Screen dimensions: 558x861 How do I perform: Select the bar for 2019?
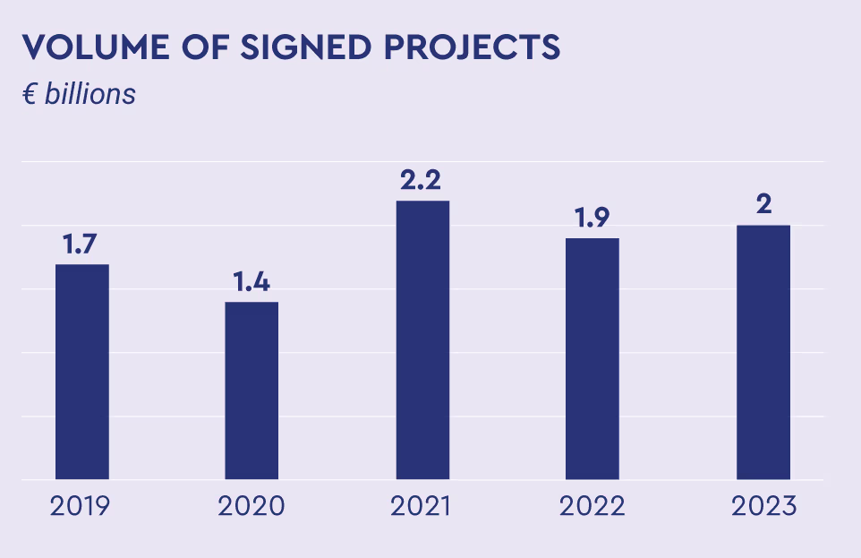82,372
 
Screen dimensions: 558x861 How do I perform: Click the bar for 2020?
251,391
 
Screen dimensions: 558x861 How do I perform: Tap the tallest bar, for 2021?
422,340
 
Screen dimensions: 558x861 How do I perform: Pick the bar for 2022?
592,358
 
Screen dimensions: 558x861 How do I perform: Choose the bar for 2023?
763,352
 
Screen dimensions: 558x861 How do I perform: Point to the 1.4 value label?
251,282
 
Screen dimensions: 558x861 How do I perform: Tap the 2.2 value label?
422,181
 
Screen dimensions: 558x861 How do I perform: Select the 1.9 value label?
592,219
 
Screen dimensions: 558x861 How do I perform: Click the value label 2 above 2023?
763,205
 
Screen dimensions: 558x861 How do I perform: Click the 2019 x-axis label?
81,506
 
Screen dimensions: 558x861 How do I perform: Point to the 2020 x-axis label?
251,506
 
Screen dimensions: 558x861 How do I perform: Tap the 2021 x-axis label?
421,506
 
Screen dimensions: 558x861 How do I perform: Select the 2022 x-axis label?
592,506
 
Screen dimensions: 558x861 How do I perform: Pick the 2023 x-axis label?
763,506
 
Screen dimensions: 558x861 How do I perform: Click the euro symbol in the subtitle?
29,94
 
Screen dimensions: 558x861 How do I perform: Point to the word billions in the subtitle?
90,93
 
